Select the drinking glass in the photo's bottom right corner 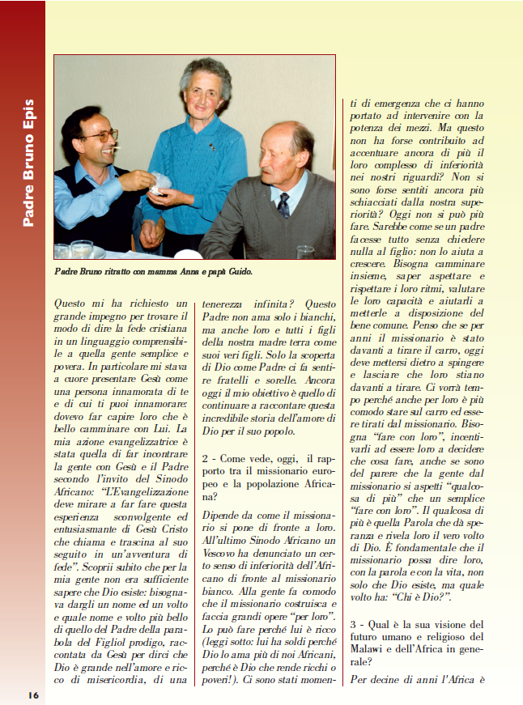coord(304,252)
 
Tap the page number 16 coord(32,694)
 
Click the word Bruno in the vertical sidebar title coord(28,160)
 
